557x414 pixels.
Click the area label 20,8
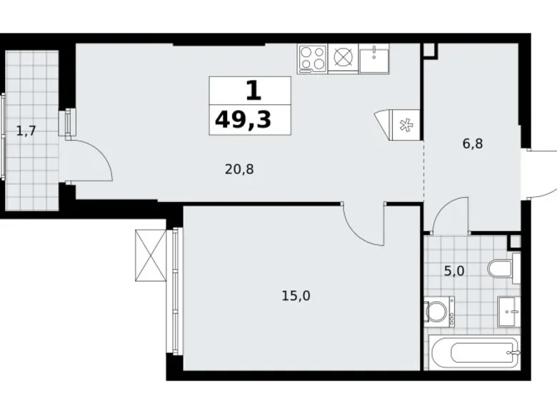pos(239,170)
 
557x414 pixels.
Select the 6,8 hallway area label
pos(473,143)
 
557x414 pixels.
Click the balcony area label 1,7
pos(26,130)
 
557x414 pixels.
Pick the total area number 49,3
pos(243,119)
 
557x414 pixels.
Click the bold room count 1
pos(252,90)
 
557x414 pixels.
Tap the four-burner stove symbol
pos(312,57)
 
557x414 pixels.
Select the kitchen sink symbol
pos(374,57)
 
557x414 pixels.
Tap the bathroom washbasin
pos(508,310)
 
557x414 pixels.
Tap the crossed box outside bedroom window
pos(151,256)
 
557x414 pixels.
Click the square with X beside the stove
pos(343,57)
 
